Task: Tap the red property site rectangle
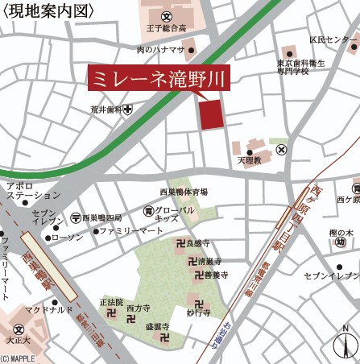tap(210, 114)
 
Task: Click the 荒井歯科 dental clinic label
tap(106, 110)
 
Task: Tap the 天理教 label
tap(250, 161)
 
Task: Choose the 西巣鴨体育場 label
tap(183, 192)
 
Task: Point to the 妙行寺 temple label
tap(198, 312)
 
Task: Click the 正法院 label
tap(112, 302)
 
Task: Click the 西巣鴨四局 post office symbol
tap(75, 217)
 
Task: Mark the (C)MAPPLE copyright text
tap(19, 359)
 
